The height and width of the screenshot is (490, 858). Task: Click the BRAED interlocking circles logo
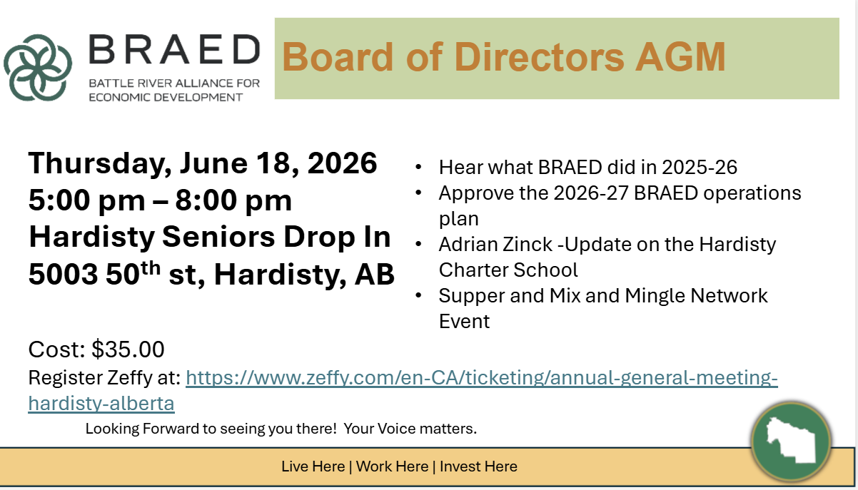tap(38, 68)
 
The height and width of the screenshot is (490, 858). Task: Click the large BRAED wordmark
tap(175, 49)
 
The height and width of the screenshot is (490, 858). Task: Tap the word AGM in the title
tap(680, 57)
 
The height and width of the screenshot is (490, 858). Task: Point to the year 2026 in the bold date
tap(342, 163)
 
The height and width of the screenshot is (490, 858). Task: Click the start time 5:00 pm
tap(87, 200)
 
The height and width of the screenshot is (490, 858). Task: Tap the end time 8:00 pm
tap(233, 200)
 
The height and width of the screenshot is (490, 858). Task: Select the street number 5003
tap(63, 274)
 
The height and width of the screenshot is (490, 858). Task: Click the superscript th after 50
tap(150, 267)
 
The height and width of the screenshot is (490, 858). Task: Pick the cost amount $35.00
tap(128, 349)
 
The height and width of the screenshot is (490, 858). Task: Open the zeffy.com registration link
tap(482, 378)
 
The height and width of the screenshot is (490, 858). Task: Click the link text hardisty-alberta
tap(101, 403)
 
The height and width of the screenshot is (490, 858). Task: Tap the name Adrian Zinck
tap(495, 244)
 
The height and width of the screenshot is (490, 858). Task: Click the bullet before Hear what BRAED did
tap(418, 167)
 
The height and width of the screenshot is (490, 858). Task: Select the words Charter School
tap(508, 270)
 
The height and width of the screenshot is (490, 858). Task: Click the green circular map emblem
tap(792, 441)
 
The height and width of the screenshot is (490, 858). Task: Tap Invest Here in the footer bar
tap(478, 466)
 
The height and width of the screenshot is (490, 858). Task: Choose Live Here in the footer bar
tap(313, 466)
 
